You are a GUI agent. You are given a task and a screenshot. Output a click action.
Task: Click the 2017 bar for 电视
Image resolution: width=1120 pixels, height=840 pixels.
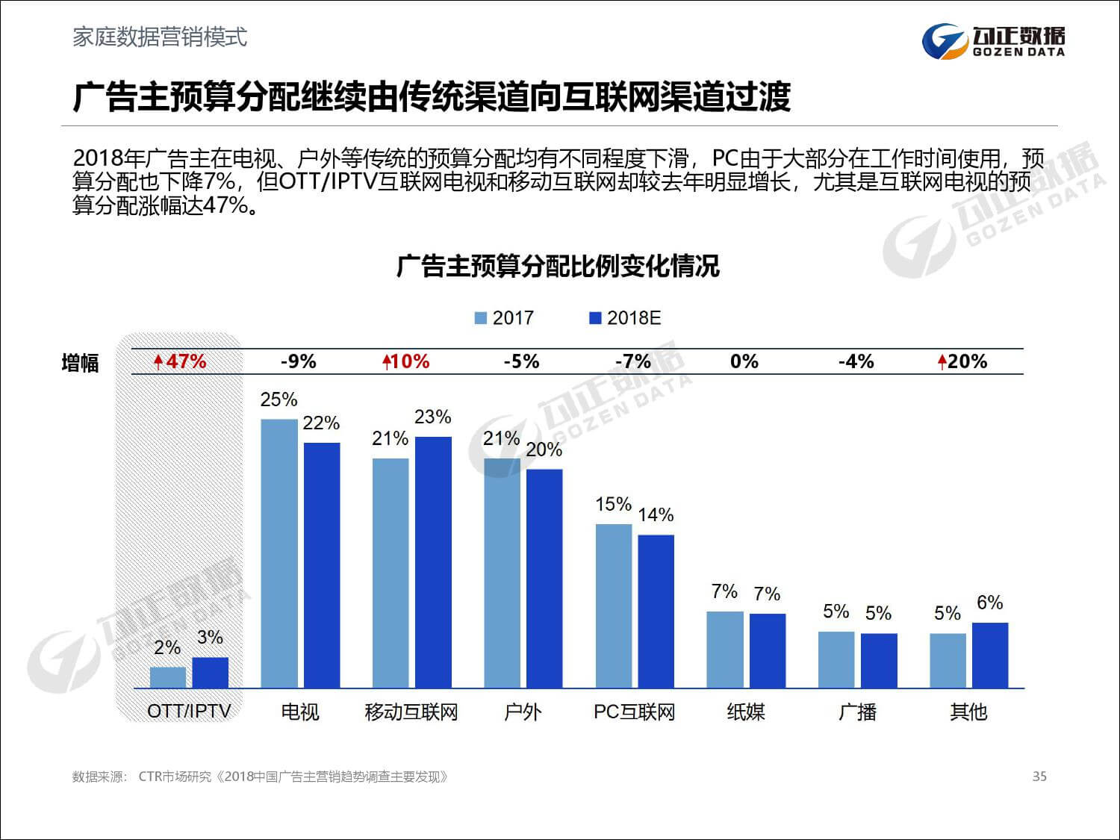(279, 553)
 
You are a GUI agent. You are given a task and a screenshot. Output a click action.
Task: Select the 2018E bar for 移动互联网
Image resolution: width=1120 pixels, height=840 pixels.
(433, 562)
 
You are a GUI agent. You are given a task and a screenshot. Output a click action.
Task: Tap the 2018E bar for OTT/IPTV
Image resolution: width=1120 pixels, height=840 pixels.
(211, 672)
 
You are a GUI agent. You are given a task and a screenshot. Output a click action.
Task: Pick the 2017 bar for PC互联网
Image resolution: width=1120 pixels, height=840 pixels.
(614, 606)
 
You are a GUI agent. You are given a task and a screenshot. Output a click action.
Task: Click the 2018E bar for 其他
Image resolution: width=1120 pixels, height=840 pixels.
(990, 655)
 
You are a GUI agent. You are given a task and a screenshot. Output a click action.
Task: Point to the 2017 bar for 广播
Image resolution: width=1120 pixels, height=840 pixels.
(836, 659)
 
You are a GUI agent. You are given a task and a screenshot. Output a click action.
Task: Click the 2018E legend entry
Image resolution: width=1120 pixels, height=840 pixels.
(625, 318)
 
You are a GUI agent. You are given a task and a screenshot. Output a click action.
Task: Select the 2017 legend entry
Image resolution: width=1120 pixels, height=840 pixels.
(505, 318)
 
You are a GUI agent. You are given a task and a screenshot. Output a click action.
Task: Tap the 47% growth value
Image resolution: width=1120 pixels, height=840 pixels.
(180, 362)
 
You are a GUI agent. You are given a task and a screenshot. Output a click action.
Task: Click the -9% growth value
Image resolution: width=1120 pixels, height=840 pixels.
(299, 362)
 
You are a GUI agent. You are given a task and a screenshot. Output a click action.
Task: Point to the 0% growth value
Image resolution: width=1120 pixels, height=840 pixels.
(744, 362)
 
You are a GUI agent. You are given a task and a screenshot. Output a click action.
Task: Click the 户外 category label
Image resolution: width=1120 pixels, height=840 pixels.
(523, 712)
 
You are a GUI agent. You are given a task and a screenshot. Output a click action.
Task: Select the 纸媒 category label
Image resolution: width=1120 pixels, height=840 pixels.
(746, 712)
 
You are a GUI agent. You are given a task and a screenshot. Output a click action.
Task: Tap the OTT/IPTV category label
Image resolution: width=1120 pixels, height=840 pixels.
(189, 711)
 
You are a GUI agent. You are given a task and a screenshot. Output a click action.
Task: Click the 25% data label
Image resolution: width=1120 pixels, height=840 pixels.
(279, 400)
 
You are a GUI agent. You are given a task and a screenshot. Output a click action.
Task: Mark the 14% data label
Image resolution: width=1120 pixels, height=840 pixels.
(656, 515)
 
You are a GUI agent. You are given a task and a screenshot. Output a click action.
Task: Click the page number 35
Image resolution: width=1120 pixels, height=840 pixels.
(1039, 777)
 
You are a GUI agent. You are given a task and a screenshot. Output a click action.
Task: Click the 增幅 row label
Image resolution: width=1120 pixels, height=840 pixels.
(80, 364)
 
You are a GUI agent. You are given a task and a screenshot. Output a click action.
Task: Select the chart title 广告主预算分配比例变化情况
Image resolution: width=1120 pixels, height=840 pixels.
(558, 267)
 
